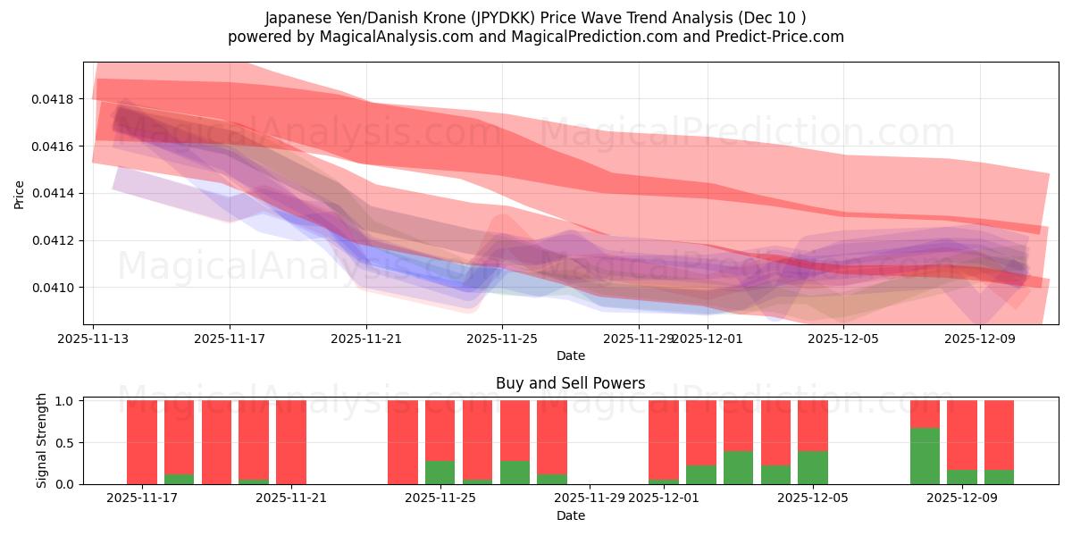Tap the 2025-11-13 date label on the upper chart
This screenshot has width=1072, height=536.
coord(94,339)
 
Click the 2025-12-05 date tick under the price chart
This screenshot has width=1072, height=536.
coord(844,339)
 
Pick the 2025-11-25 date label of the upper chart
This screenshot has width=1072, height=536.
coord(502,339)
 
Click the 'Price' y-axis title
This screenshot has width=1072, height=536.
coord(20,193)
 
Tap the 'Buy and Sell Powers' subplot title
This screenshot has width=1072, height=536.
coord(570,383)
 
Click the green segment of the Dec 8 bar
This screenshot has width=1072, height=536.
coord(925,456)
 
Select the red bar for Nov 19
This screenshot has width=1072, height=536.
coord(216,442)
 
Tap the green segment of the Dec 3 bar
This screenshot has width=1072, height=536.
coord(739,467)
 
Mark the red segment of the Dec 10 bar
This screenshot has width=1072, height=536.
coord(999,435)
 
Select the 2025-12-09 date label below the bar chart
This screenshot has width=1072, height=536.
coord(961,498)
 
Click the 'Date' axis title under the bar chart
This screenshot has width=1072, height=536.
coord(570,515)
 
